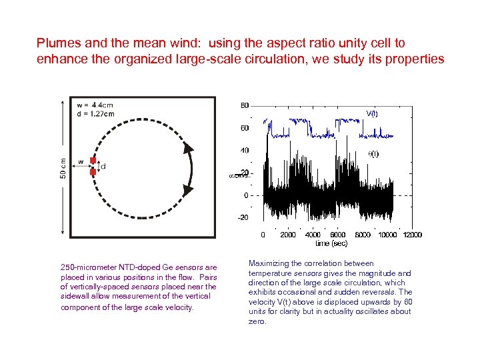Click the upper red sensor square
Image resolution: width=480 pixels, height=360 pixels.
point(93,161)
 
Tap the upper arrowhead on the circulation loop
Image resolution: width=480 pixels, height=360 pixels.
point(189,148)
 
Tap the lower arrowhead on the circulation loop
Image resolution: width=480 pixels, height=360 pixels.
point(188,189)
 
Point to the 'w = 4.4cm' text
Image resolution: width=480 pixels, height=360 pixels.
point(95,105)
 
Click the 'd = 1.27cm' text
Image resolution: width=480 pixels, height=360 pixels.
point(95,113)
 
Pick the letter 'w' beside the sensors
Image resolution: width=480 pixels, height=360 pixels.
point(81,161)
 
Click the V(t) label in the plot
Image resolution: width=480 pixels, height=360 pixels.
point(371,113)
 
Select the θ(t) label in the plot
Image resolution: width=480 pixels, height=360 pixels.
point(374,154)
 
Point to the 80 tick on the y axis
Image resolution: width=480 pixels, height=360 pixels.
point(245,105)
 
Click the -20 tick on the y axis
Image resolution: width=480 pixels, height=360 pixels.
point(243,217)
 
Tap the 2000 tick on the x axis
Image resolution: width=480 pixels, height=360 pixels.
point(287,235)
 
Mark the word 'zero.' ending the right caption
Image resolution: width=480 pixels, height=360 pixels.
point(257,321)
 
